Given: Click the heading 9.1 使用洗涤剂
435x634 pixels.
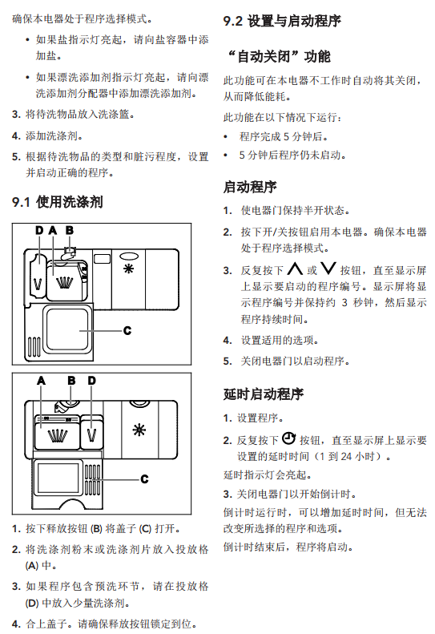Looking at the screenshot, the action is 58,201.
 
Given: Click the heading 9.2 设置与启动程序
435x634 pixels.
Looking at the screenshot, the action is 282,21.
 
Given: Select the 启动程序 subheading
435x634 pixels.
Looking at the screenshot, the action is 250,187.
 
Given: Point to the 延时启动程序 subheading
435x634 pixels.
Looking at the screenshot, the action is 264,394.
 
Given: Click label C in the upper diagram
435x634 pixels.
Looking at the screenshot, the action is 127,331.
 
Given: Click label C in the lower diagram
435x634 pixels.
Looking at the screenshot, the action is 144,479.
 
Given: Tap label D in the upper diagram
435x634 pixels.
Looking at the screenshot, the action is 39,231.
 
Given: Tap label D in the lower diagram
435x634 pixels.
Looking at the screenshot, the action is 92,381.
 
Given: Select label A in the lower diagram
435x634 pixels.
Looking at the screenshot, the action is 41,381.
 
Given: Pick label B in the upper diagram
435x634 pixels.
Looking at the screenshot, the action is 70,231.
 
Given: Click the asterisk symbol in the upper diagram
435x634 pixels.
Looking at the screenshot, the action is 128,269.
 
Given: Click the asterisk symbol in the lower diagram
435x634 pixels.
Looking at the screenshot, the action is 139,430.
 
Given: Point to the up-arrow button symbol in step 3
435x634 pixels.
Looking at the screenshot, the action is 295,269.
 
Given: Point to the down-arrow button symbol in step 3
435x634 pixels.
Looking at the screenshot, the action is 328,269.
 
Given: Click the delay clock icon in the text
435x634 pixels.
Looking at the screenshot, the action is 288,438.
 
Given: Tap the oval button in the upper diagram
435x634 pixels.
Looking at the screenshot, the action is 129,256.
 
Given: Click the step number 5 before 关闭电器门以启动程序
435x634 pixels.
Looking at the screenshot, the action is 227,361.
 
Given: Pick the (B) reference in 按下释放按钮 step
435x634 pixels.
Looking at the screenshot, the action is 96,529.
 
